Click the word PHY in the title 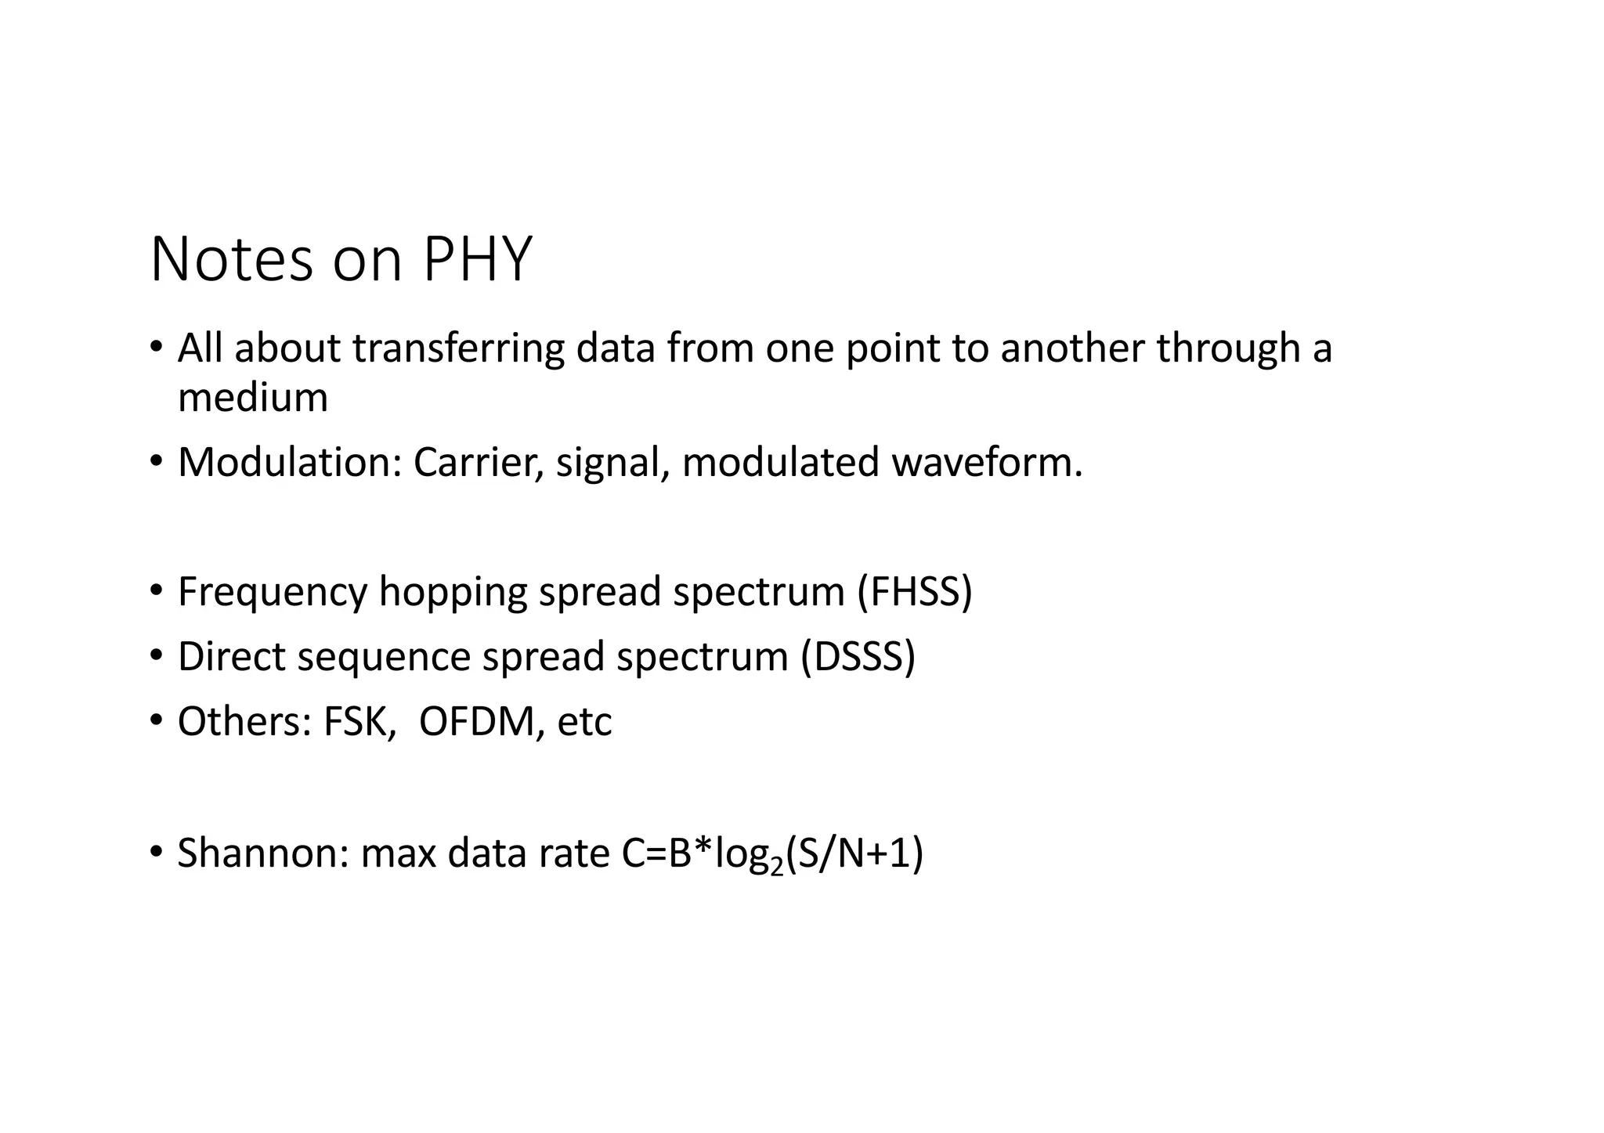coord(477,259)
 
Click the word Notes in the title coord(231,259)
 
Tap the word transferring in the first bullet coord(458,348)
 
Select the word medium coord(252,398)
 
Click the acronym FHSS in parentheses coord(914,591)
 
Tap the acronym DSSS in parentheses coord(858,656)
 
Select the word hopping coord(453,593)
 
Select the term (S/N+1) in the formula coord(854,853)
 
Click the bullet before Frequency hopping coord(157,589)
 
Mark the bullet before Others coord(157,719)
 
